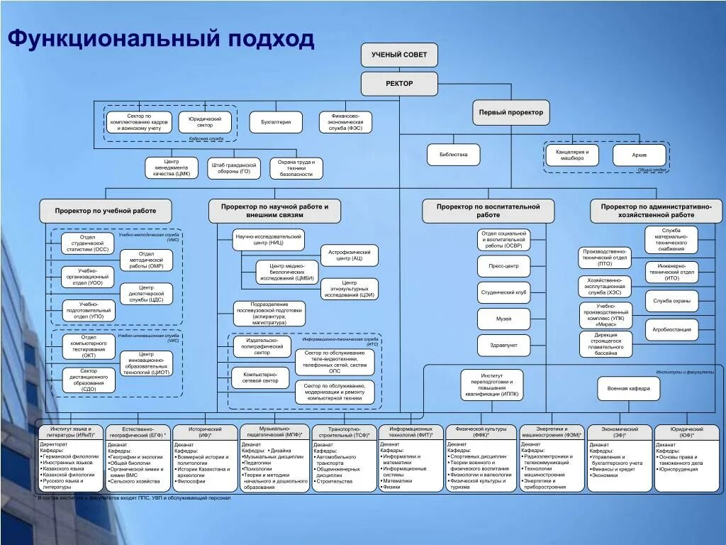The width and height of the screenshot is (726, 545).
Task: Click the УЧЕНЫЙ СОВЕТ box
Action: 399,55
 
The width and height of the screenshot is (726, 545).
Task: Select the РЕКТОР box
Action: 399,83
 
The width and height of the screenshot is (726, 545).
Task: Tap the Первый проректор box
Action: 510,112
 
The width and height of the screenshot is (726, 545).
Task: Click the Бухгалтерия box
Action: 276,122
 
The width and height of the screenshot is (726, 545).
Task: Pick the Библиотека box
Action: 453,154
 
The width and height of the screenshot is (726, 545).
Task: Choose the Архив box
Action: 640,155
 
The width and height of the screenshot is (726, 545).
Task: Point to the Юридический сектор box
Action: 204,122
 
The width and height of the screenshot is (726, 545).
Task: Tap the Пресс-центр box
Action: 503,267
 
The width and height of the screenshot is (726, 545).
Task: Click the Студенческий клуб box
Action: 503,292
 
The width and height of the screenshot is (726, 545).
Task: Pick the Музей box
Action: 503,319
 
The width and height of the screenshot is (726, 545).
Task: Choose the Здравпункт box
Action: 503,345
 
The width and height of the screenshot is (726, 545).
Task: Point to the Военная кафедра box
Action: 628,389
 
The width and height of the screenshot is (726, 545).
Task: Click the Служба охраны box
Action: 671,301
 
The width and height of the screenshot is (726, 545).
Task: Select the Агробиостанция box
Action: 671,329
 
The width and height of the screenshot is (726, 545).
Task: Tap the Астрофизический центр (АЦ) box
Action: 349,255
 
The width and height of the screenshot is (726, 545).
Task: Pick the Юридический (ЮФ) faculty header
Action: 686,432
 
